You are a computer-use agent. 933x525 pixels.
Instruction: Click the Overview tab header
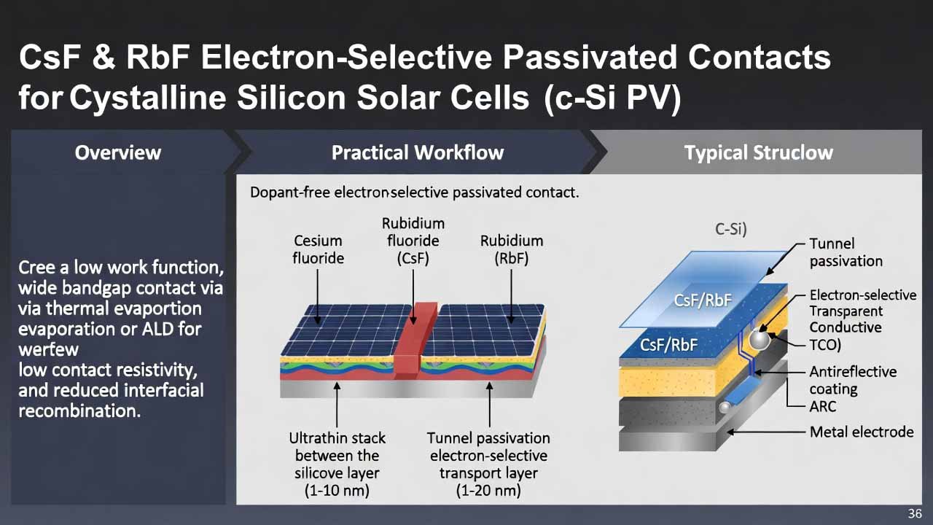tap(117, 152)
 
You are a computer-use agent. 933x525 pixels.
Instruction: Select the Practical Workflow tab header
tap(417, 152)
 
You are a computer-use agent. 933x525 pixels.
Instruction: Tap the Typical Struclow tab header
tap(758, 152)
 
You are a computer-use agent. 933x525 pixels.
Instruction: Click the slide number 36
tap(915, 513)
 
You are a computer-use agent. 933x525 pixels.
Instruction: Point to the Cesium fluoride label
tap(318, 249)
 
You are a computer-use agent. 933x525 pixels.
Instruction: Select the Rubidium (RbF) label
tap(511, 249)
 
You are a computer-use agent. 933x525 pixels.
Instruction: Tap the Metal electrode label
tap(861, 432)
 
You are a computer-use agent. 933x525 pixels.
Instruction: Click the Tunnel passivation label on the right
tap(846, 252)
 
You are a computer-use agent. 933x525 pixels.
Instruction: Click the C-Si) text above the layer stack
tap(730, 228)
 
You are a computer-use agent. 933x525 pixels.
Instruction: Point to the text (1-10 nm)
tap(337, 490)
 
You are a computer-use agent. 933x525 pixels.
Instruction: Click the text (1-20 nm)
tap(488, 490)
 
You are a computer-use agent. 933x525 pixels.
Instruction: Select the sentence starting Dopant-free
tap(414, 193)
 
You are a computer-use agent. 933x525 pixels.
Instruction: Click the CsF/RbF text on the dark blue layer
tap(668, 345)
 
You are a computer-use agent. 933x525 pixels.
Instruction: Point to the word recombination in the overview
tap(79, 411)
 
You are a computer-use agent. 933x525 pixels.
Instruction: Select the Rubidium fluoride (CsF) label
tap(413, 241)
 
